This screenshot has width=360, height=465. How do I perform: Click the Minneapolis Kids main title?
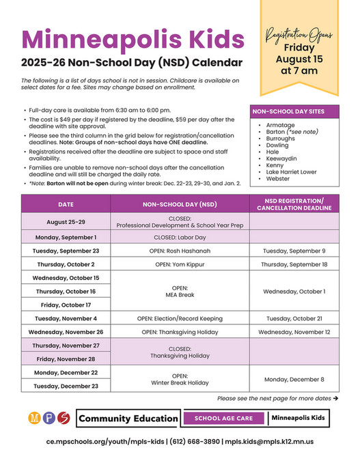[132, 38]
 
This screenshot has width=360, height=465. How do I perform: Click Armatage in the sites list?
[276, 126]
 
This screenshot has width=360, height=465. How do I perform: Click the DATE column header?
[66, 203]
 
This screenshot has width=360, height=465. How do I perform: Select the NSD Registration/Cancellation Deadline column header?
[294, 203]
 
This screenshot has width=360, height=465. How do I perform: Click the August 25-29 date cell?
[66, 222]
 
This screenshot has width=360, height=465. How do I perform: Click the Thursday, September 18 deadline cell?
[294, 264]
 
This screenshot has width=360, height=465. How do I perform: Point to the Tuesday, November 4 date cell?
[66, 318]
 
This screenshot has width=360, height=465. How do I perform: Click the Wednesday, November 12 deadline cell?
[294, 332]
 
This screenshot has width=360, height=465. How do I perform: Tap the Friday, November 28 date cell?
[66, 358]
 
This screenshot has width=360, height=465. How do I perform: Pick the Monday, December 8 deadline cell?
[294, 379]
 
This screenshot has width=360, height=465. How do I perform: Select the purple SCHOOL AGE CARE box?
[224, 418]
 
